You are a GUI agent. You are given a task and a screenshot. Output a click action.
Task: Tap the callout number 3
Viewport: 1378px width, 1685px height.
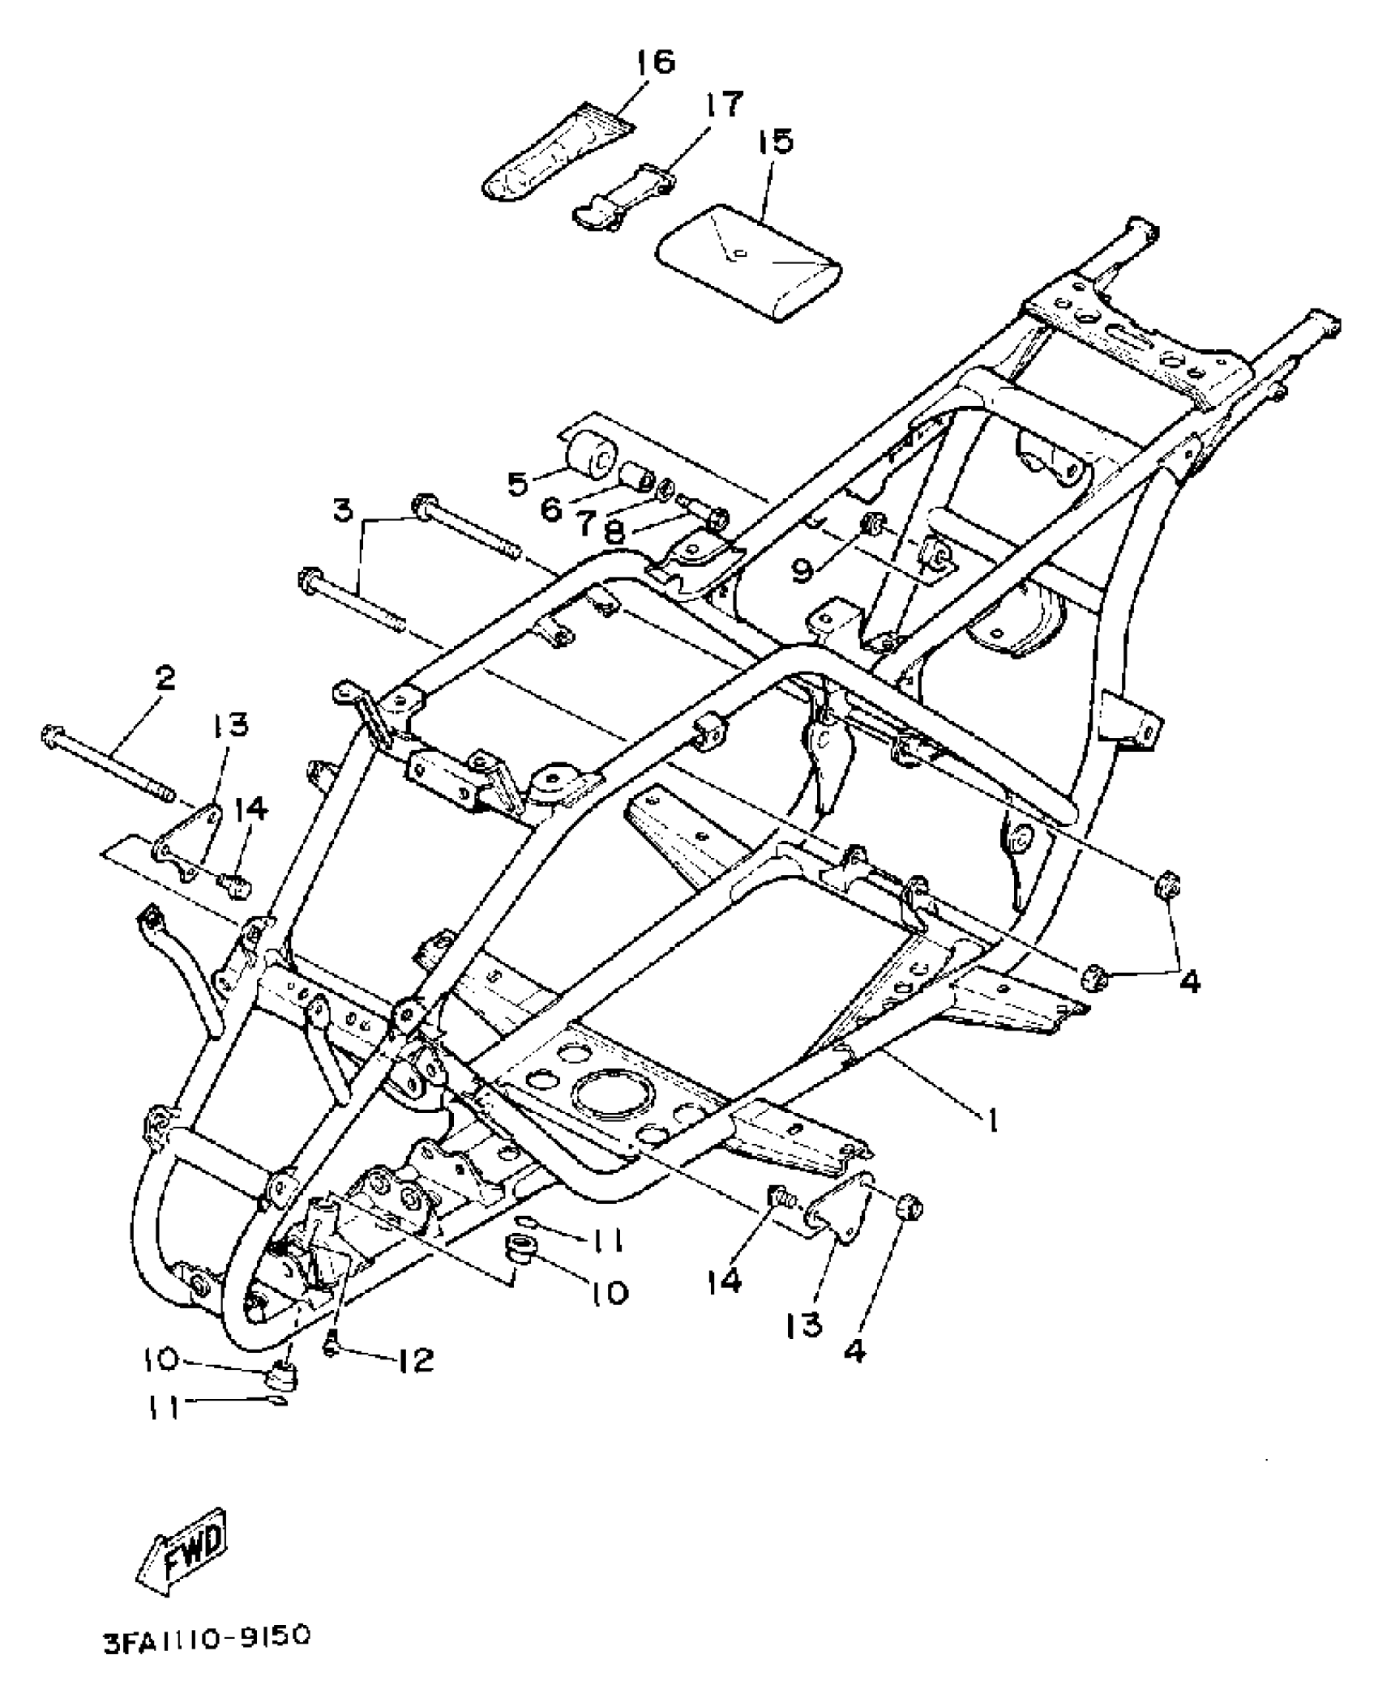344,511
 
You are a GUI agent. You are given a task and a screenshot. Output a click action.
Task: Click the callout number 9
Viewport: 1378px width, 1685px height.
802,570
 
